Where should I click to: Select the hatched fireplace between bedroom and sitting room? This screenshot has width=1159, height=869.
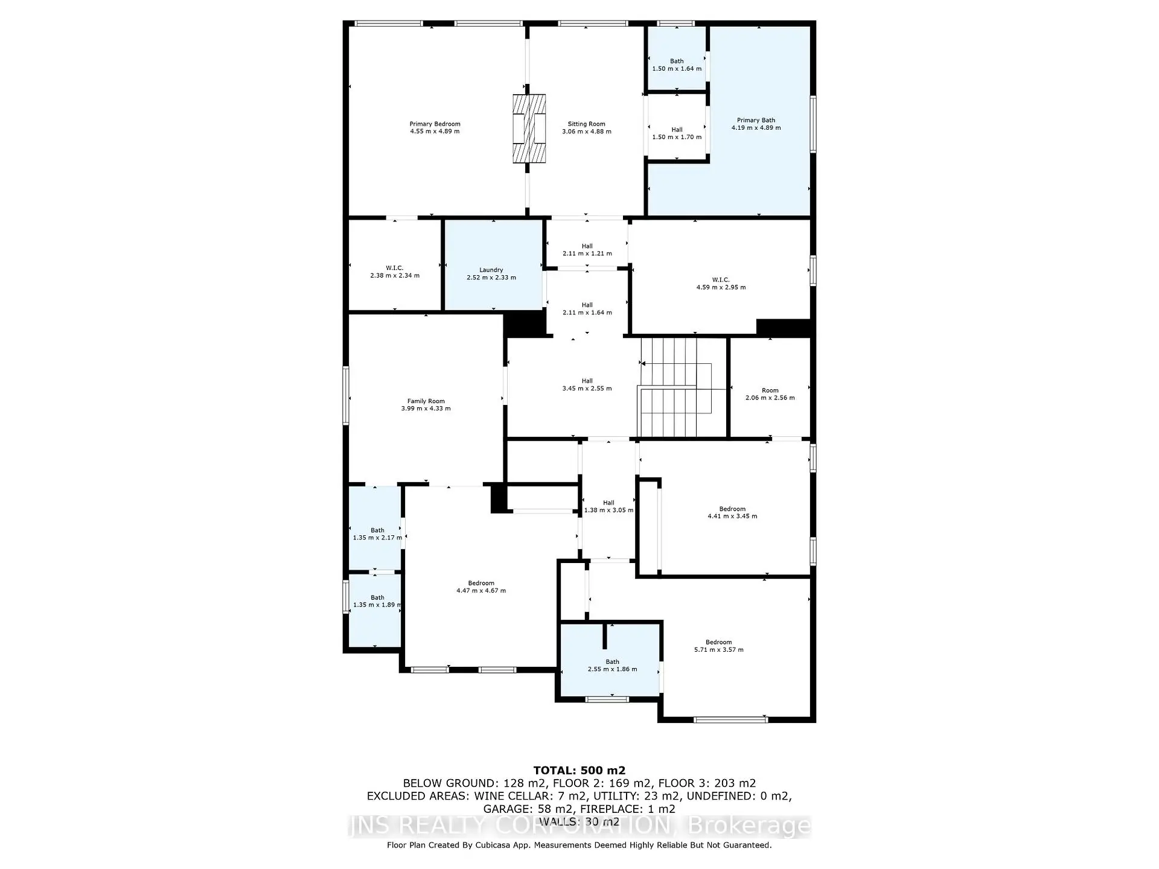pos(529,128)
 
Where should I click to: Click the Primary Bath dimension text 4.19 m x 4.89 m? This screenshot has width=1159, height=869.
pos(756,128)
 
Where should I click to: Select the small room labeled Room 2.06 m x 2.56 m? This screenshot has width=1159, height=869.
pos(770,394)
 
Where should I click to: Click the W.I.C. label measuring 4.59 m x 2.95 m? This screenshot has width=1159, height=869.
pos(721,283)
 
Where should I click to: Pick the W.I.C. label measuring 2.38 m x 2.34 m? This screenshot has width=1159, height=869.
pos(395,272)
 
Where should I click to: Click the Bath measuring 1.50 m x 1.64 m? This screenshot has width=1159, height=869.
pos(677,65)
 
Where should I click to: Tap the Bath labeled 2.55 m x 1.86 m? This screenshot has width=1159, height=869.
pos(612,665)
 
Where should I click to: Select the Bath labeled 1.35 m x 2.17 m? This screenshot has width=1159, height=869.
pos(377,533)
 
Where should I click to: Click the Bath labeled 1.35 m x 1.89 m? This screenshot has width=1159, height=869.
pos(377,601)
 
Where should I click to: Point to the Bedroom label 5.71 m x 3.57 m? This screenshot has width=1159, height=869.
pos(718,646)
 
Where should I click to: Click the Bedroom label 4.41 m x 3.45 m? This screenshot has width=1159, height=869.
pos(732,512)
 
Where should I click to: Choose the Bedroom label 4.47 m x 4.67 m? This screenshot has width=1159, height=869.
pos(481,587)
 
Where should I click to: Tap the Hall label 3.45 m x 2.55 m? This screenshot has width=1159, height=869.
pos(587,384)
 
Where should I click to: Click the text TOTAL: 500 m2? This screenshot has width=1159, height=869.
pos(579,770)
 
